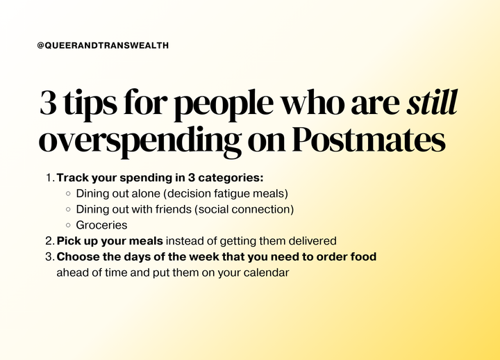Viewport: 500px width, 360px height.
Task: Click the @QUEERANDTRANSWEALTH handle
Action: point(103,45)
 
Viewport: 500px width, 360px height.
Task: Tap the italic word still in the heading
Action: point(432,104)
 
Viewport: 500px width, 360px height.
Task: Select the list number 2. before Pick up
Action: point(50,241)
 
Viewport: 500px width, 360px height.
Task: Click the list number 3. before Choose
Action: point(50,257)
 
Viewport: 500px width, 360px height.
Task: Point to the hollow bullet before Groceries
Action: point(68,225)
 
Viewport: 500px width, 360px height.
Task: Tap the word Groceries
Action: point(101,225)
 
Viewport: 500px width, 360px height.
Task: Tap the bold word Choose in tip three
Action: point(77,257)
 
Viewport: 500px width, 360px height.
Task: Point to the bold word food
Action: point(363,257)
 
